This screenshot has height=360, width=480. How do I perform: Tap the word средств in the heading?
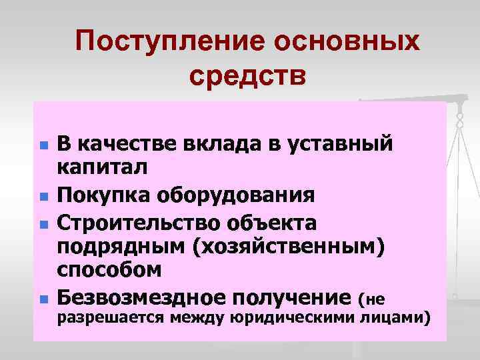click(248, 75)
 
